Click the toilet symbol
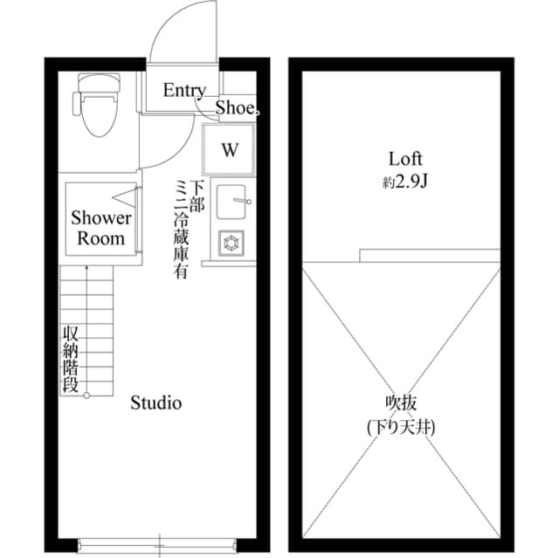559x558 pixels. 96,105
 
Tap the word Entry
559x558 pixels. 184,90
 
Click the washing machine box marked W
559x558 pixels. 228,149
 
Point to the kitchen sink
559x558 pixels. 233,201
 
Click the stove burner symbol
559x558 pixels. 232,242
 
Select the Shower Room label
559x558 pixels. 101,227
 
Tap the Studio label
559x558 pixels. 155,403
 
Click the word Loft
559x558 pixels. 405,159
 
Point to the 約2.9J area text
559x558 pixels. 405,182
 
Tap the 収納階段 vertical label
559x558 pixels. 70,359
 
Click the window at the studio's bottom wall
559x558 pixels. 159,539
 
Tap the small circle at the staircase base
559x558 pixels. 86,396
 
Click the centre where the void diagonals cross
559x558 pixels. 401,399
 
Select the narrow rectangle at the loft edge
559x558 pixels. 429,255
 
